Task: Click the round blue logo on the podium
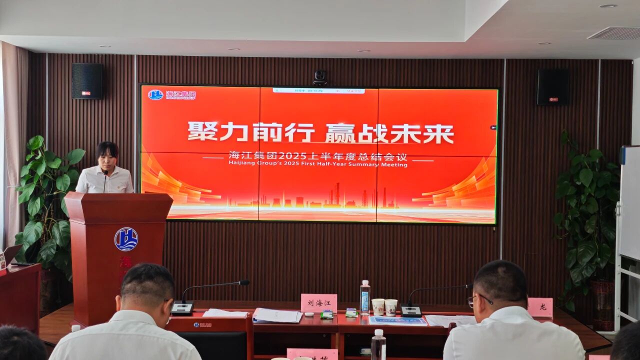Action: coord(126,239)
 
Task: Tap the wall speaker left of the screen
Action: coord(87,81)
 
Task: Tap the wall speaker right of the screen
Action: coord(552,86)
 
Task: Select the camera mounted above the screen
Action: coord(320,77)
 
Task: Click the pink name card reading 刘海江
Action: coord(318,303)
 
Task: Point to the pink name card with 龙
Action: coord(540,307)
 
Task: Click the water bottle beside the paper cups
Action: coord(365,297)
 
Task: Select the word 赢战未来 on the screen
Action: coord(389,133)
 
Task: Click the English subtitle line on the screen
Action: coord(317,164)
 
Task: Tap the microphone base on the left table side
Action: coord(182,308)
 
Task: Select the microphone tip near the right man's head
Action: coord(468,286)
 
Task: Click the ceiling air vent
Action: coord(614,33)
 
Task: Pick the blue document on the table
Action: coord(398,320)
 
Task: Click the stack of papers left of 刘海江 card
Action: coord(277,315)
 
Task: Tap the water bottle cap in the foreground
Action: coord(378,332)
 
